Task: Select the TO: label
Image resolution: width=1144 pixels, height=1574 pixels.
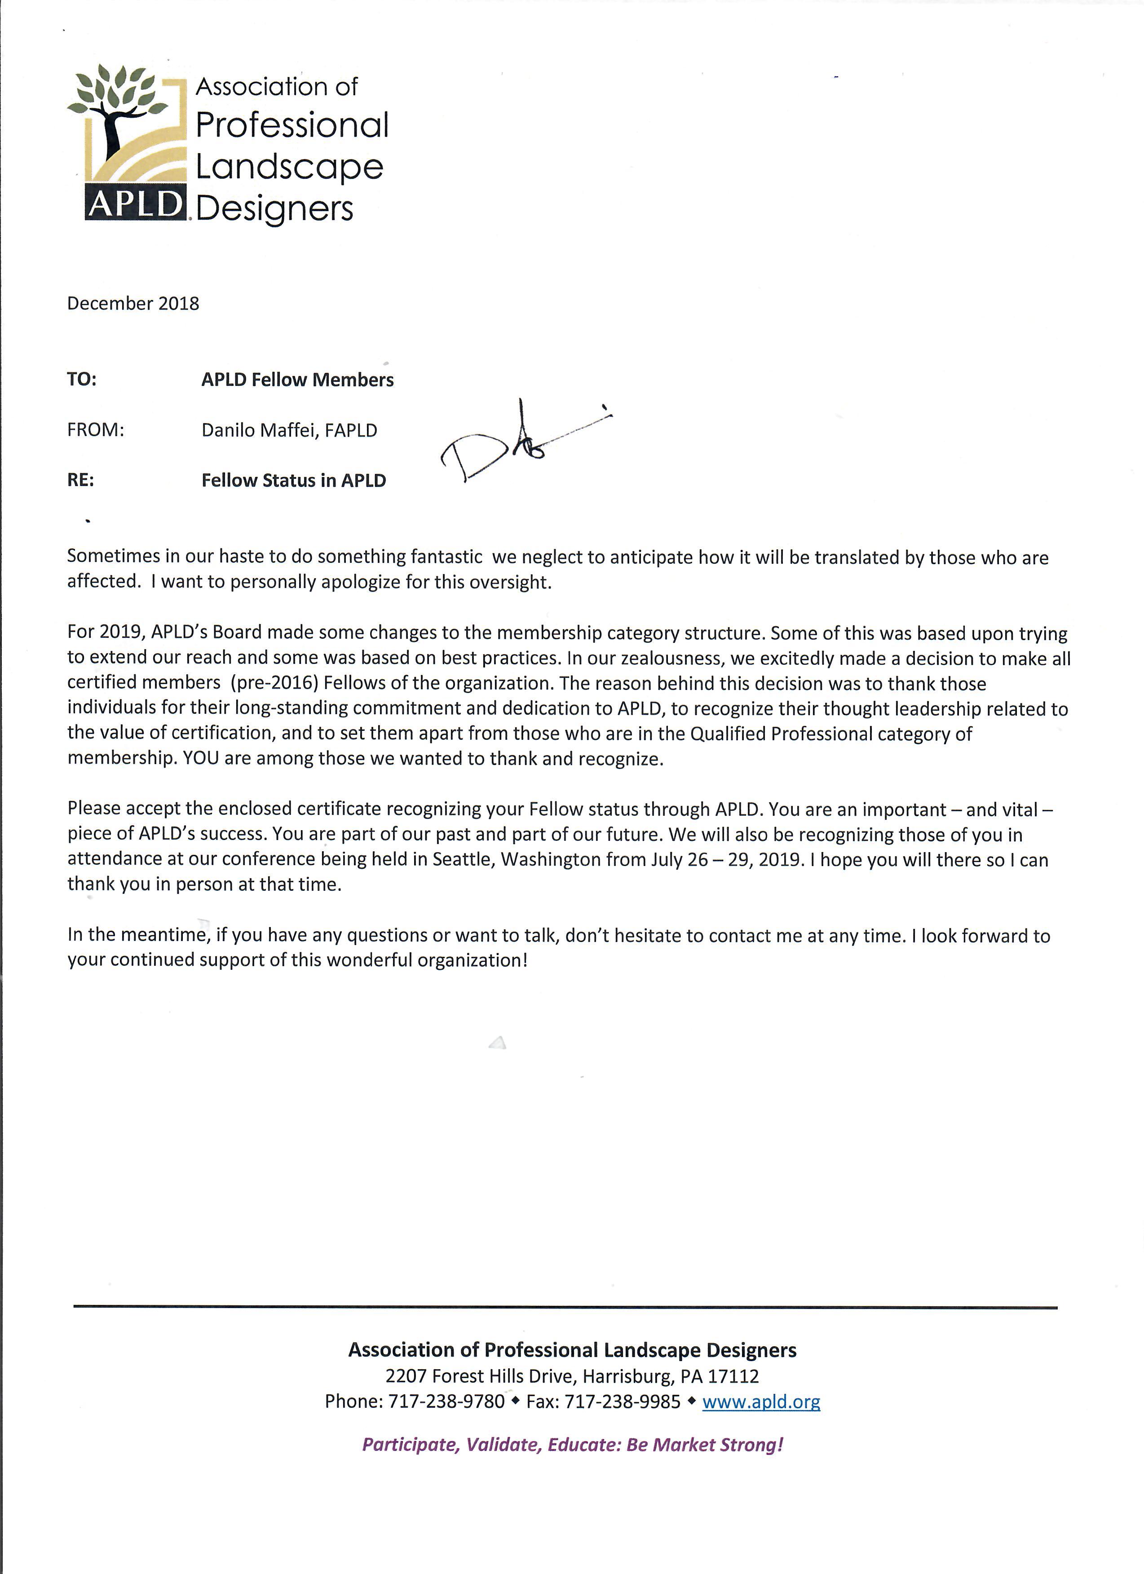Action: tap(82, 380)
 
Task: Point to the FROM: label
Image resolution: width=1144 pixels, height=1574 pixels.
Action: tap(95, 430)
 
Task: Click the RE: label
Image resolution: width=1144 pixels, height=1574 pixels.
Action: tap(80, 480)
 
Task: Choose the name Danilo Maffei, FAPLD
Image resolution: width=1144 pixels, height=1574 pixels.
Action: tap(289, 430)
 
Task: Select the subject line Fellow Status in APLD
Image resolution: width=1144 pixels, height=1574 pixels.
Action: tap(293, 480)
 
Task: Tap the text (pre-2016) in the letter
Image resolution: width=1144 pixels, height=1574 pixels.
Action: tap(275, 683)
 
